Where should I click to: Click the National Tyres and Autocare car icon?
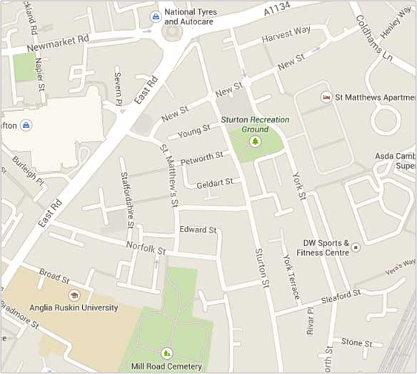click(155, 16)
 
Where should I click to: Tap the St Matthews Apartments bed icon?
click(326, 97)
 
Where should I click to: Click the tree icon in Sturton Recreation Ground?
click(255, 142)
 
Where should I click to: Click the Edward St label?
click(198, 230)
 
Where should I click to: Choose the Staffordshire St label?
click(127, 199)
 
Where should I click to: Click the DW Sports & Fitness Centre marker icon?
click(356, 247)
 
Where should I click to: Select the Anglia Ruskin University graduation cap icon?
click(73, 295)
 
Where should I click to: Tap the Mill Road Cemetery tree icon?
click(166, 353)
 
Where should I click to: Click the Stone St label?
click(356, 342)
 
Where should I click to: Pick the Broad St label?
click(54, 275)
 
